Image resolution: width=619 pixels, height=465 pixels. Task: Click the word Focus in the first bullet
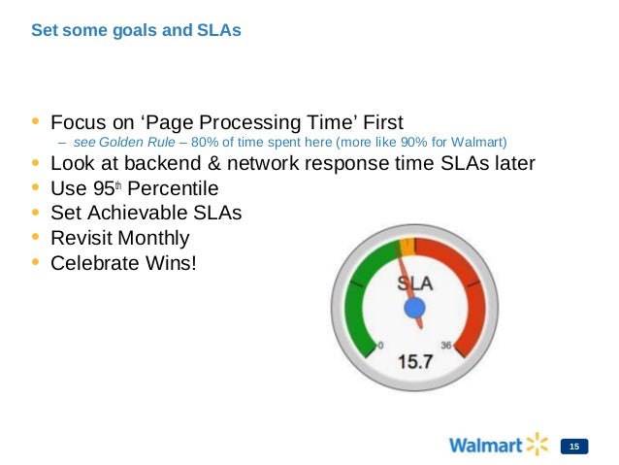(77, 122)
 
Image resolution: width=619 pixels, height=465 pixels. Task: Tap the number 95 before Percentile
(115, 188)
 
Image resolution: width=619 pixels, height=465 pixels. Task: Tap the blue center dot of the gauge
(415, 309)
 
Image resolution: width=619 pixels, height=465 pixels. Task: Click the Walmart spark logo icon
(537, 445)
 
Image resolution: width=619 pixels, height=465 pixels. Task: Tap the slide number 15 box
(575, 446)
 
